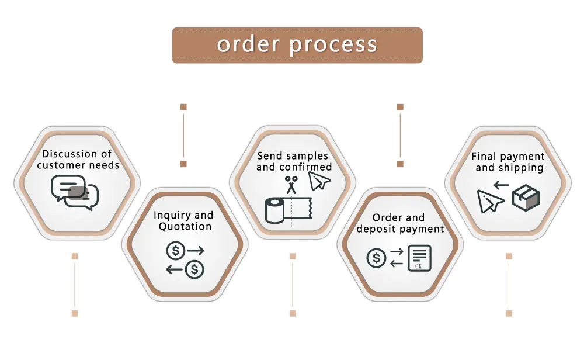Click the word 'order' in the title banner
coord(246,44)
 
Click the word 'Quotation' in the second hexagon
coord(185,227)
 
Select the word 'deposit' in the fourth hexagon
coord(377,229)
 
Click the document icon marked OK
coord(419,258)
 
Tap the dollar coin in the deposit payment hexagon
coord(377,258)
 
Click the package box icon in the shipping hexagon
coord(526,197)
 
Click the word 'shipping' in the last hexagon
coord(521,168)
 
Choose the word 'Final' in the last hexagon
coord(485,157)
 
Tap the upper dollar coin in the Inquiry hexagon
coord(175,251)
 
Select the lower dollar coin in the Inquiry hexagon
coord(194,269)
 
